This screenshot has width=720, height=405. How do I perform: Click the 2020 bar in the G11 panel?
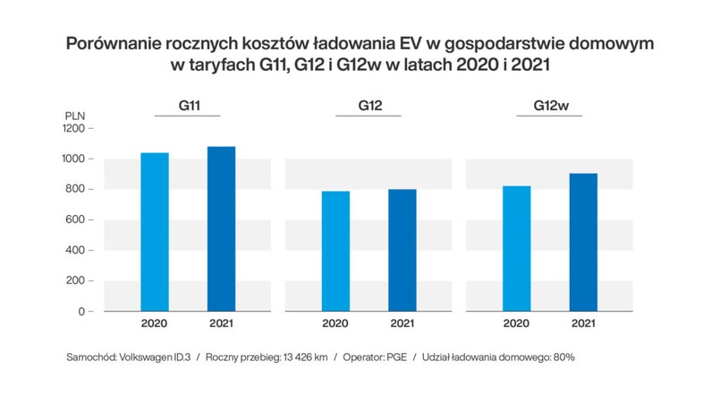pos(155,232)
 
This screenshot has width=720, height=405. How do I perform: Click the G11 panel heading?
pos(188,106)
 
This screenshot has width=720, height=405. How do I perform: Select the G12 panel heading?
pos(369,106)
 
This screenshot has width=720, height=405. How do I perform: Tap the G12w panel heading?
pos(551,106)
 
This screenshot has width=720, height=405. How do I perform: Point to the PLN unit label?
pos(76,116)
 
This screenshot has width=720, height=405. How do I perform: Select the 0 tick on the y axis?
pos(80,312)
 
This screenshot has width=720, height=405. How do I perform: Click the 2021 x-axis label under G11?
pos(221,324)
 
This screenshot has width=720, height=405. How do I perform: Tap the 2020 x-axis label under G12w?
pos(517,324)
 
